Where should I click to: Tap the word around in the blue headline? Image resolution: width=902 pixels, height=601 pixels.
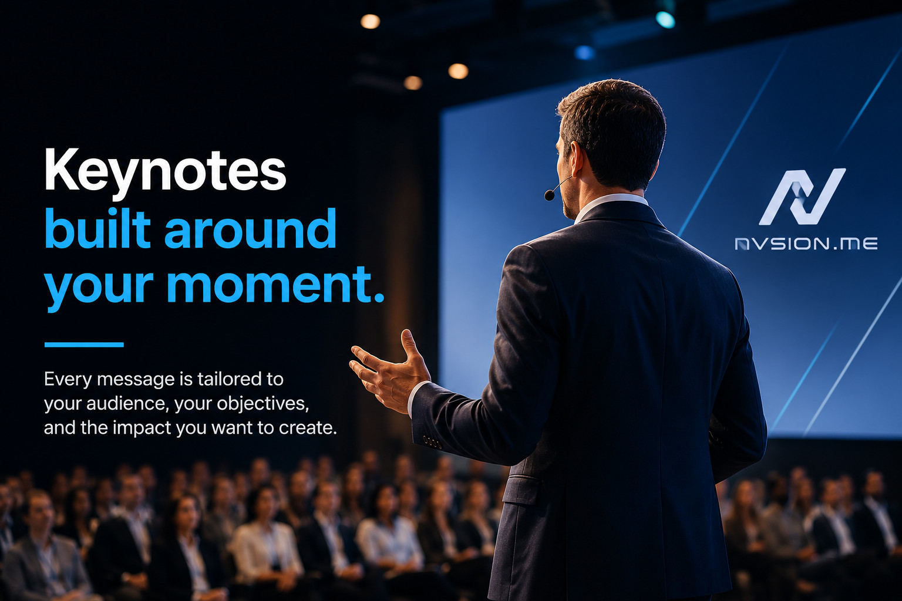click(251, 229)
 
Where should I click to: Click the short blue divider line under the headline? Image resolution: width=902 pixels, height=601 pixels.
click(84, 345)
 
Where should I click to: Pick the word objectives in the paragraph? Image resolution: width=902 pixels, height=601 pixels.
click(262, 404)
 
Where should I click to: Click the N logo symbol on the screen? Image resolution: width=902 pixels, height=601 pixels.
click(802, 197)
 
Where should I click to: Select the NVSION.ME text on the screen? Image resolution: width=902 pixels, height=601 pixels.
click(806, 244)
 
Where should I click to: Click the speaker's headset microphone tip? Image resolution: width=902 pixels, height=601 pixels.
click(549, 195)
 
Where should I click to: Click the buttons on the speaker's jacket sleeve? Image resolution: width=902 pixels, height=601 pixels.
click(433, 443)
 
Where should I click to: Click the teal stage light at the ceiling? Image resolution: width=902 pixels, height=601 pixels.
click(665, 20)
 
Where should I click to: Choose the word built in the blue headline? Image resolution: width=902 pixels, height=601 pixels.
click(97, 229)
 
